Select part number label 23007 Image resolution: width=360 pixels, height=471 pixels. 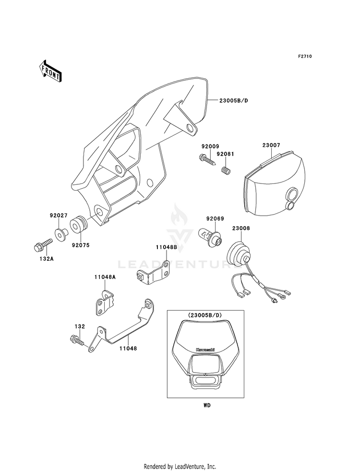pos(272,145)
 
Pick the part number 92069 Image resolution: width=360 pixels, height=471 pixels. pos(215,219)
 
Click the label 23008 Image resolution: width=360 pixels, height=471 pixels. pos(242,229)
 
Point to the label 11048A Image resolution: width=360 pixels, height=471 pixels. pos(104,277)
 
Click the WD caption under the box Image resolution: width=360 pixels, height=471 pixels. pos(206,405)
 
